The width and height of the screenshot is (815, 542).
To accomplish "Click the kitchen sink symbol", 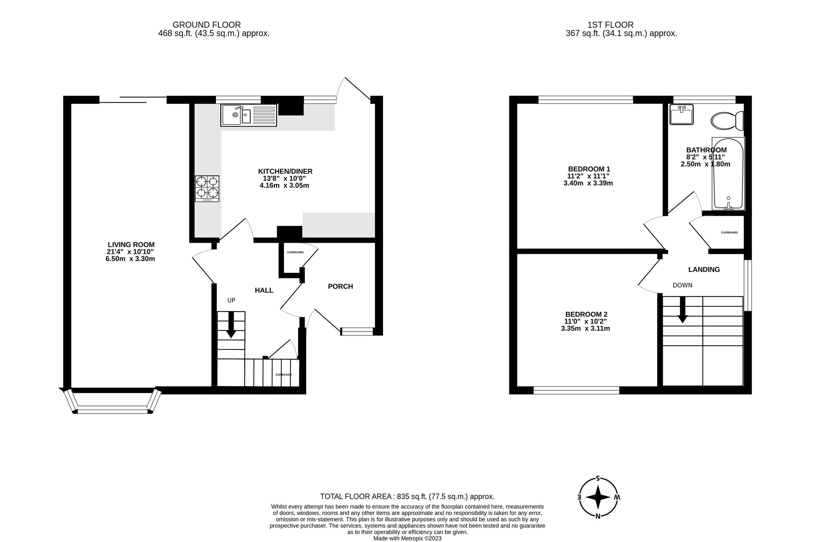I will click(248, 115).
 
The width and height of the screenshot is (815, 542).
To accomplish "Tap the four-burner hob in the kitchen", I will click(207, 189).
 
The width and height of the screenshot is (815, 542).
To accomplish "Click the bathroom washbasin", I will click(681, 114).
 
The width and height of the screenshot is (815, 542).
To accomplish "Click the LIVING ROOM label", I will click(131, 245).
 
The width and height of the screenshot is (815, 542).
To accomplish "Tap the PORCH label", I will click(340, 286).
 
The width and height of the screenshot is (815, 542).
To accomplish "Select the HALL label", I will click(264, 291).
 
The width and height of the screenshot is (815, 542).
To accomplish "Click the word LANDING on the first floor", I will click(704, 269).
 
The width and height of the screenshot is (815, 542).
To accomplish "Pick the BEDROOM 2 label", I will click(586, 314).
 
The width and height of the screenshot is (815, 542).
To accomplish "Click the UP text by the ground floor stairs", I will click(231, 300).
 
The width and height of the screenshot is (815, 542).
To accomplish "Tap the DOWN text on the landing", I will click(682, 285).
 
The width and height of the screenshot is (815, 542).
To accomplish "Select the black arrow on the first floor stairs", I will click(682, 310).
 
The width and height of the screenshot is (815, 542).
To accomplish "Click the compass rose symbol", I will click(598, 498).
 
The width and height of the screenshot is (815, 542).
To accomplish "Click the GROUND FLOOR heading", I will click(206, 25).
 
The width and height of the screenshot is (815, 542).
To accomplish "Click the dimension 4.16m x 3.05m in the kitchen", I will click(284, 186).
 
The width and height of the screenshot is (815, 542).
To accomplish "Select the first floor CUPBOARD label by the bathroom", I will click(729, 232).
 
